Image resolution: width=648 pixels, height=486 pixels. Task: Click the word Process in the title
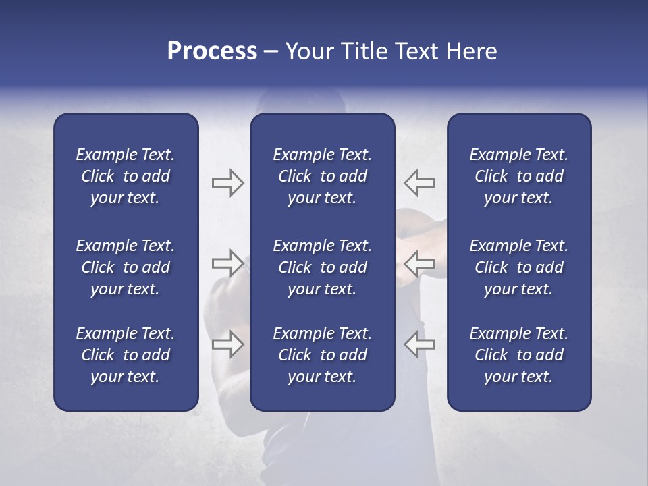(212, 51)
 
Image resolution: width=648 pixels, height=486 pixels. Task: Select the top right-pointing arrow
(227, 182)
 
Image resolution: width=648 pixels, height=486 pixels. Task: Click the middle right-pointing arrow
(227, 263)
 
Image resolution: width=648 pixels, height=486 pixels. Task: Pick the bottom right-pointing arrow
(227, 344)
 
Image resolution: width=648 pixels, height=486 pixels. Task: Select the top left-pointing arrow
(420, 182)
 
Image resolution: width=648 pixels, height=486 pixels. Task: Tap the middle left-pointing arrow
(420, 263)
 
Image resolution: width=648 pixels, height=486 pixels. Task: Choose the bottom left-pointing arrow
(420, 344)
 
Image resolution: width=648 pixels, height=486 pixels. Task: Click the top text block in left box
(126, 176)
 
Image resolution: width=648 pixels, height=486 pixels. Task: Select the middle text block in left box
(126, 267)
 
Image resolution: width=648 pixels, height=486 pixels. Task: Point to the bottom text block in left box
(126, 355)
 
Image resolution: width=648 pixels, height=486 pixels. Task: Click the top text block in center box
(322, 176)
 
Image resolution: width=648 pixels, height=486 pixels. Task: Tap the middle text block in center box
(322, 267)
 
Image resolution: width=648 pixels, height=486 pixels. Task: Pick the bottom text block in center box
(322, 355)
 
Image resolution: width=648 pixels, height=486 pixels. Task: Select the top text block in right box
(518, 176)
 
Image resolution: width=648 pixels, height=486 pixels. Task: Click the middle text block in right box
(518, 267)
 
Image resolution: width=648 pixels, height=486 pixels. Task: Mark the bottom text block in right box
(518, 355)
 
